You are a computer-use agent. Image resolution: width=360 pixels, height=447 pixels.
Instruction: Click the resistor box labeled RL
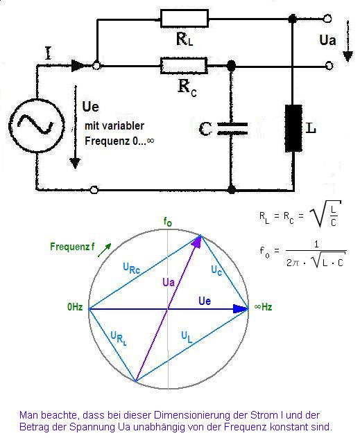click(185, 19)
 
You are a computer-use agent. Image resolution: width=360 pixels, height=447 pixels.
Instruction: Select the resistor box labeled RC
click(184, 66)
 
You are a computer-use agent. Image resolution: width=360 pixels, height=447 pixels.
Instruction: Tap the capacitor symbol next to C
click(232, 129)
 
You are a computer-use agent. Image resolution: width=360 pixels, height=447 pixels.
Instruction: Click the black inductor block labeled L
click(293, 128)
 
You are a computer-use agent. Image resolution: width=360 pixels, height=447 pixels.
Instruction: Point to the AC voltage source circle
click(36, 125)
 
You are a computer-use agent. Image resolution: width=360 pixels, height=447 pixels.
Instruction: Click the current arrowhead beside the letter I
click(78, 66)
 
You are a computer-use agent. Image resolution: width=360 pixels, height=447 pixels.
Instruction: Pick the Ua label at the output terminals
click(327, 40)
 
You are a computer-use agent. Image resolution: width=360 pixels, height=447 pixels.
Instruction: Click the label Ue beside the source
click(90, 107)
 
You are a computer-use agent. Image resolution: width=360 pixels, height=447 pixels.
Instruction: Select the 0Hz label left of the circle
click(75, 307)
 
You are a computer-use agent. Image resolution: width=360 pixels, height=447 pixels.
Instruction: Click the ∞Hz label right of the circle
click(263, 307)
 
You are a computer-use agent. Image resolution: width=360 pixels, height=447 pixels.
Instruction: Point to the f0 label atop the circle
click(168, 222)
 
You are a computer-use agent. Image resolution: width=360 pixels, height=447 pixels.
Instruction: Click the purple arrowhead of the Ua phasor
click(197, 242)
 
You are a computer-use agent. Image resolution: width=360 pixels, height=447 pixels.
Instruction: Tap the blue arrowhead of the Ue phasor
click(240, 308)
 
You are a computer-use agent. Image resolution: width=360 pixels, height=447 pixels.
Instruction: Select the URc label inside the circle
click(132, 268)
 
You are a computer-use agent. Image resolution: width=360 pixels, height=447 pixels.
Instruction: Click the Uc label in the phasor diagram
click(216, 270)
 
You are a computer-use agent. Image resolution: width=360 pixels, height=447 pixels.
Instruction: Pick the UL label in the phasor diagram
click(187, 338)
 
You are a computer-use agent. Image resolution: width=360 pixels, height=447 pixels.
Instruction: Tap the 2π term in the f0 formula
click(293, 263)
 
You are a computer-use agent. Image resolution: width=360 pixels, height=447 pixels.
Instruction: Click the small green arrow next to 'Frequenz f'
click(105, 250)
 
